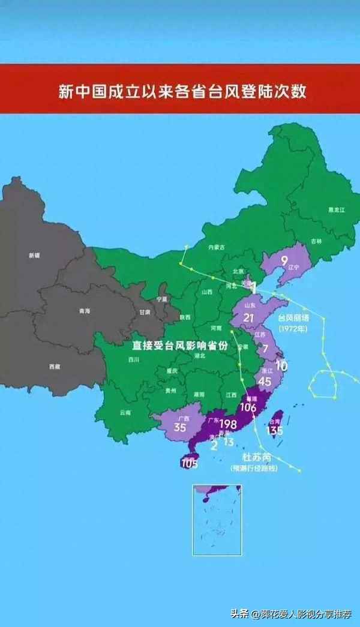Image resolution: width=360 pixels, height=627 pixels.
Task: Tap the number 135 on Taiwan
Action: click(274, 430)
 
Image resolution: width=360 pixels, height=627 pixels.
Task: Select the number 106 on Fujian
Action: click(247, 408)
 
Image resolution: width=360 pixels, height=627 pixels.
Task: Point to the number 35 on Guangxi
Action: click(179, 428)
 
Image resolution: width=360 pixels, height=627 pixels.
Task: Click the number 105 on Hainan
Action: click(189, 464)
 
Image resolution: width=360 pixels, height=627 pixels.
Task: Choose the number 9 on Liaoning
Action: click(284, 260)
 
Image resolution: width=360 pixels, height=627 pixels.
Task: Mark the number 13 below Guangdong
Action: click(228, 443)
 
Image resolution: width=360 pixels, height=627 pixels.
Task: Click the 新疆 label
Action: click(34, 255)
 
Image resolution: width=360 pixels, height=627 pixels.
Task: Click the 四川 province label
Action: click(133, 360)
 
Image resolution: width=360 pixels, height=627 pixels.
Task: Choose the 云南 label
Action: click(125, 412)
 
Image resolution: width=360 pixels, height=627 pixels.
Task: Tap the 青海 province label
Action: click(85, 311)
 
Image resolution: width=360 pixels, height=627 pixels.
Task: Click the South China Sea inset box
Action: click(217, 519)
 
